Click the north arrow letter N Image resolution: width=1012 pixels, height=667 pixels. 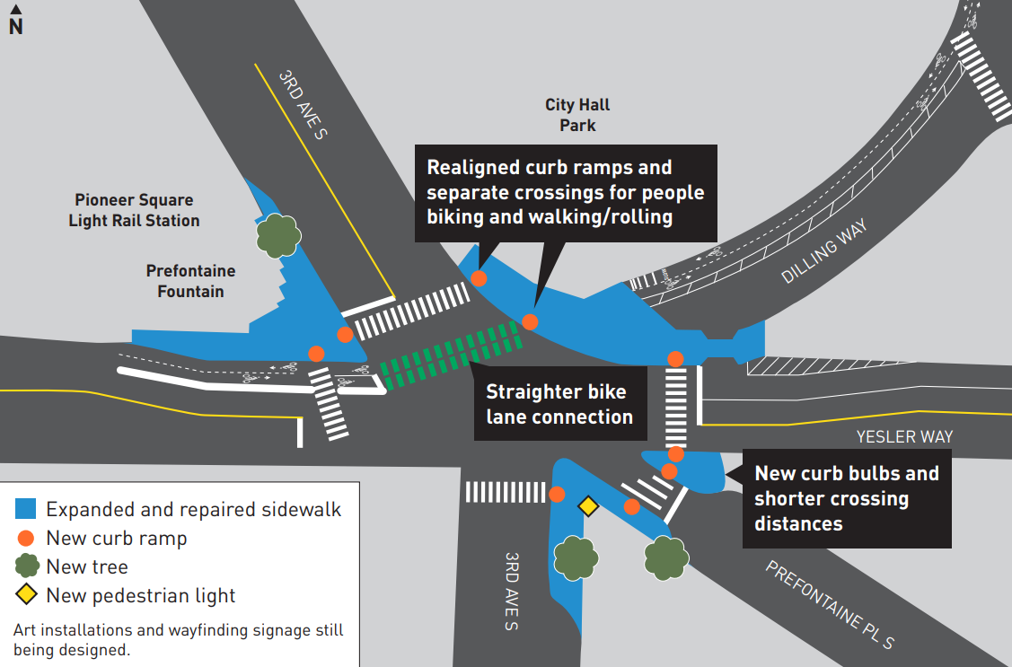(15, 26)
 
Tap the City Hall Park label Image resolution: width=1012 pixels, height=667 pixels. (577, 116)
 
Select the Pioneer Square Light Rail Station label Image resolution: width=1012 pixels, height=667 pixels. (134, 210)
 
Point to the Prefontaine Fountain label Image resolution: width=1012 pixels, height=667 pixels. (190, 281)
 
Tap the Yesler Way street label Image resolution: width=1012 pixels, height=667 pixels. (904, 437)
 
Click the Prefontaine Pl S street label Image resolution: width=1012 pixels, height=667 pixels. (829, 606)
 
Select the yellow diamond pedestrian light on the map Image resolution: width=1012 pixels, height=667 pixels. (587, 507)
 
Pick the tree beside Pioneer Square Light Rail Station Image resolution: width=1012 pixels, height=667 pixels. (278, 235)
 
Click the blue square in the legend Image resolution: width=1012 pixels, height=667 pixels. (27, 510)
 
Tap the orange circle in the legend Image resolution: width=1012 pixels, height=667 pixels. (27, 539)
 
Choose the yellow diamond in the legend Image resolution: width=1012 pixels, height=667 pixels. (27, 594)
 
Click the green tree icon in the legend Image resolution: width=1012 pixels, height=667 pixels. (27, 566)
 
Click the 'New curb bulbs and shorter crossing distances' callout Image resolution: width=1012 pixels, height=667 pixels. (846, 498)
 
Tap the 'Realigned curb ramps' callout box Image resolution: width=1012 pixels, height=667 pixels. (565, 192)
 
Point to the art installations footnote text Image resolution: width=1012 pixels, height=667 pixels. (178, 640)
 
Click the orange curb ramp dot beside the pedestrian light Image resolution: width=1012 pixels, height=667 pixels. (557, 494)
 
